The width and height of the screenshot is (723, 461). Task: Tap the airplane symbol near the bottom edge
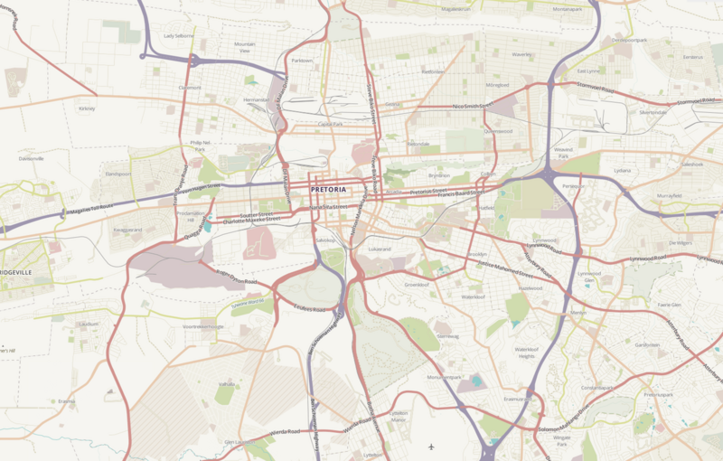pyautogui.click(x=432, y=447)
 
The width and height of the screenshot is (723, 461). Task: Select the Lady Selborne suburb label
pyautogui.click(x=178, y=36)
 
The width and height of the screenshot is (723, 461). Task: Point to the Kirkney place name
pyautogui.click(x=87, y=108)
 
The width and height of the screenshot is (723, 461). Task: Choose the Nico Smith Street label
pyautogui.click(x=470, y=107)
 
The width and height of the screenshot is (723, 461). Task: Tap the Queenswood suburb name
pyautogui.click(x=498, y=130)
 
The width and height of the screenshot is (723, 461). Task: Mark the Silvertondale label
pyautogui.click(x=653, y=112)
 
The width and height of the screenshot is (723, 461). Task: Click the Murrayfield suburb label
pyautogui.click(x=669, y=195)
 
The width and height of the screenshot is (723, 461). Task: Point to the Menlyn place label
pyautogui.click(x=578, y=313)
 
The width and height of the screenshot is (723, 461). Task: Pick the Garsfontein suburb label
pyautogui.click(x=647, y=344)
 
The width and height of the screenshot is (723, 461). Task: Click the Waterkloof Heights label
pyautogui.click(x=526, y=353)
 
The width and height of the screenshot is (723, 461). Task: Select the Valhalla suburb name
pyautogui.click(x=225, y=385)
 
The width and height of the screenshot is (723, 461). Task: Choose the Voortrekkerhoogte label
pyautogui.click(x=202, y=326)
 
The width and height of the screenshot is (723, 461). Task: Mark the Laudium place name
pyautogui.click(x=89, y=323)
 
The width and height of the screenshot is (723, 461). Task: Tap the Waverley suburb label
pyautogui.click(x=522, y=54)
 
